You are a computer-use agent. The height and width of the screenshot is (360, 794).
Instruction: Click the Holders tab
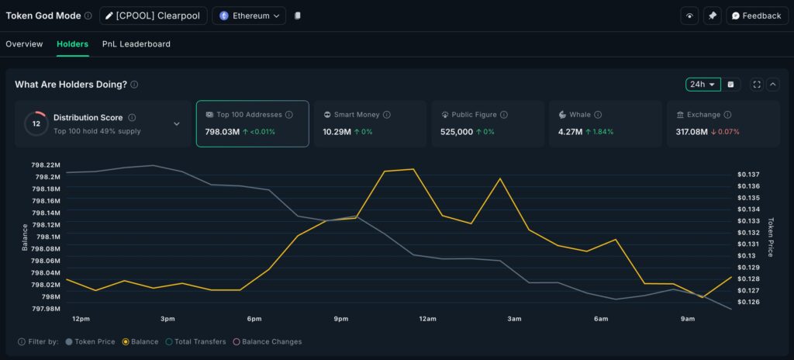72,44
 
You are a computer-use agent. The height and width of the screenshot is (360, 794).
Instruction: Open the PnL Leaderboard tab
136,44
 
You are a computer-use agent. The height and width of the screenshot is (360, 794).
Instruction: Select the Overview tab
24,44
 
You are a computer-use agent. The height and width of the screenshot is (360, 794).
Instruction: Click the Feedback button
757,16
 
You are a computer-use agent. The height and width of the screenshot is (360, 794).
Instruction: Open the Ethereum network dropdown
248,16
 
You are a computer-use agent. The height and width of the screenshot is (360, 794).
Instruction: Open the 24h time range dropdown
703,85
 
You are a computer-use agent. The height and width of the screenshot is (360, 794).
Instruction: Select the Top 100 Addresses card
252,123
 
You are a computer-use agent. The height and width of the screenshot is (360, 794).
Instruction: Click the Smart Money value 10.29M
337,132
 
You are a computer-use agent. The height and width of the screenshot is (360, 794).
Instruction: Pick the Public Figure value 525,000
457,132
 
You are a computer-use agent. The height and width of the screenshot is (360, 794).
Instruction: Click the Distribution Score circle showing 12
36,123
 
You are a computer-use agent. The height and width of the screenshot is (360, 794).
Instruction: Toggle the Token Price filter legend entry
91,341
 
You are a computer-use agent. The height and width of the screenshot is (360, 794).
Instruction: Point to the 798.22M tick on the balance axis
46,165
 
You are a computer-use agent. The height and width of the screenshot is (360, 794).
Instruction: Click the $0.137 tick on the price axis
748,175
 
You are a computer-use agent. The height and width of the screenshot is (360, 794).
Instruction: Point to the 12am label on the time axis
427,319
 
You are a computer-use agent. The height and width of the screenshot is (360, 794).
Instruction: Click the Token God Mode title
43,16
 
